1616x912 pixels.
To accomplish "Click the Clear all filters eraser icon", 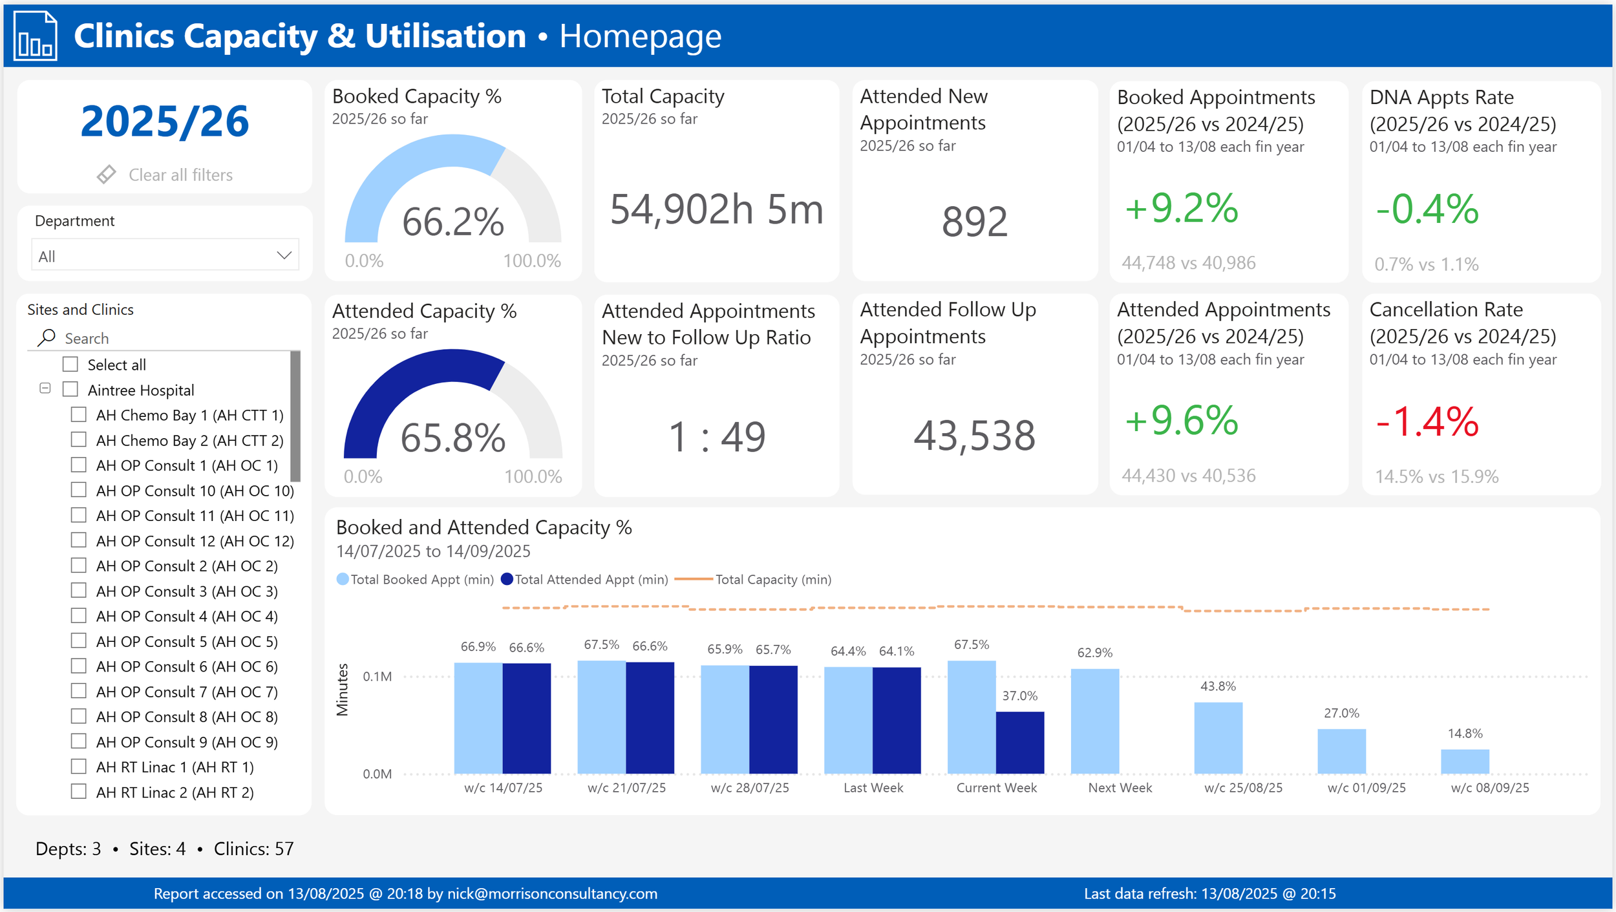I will [106, 175].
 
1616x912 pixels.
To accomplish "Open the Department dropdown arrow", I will [284, 255].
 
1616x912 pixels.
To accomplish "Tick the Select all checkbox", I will [70, 365].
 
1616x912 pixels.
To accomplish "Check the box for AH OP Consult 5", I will [79, 641].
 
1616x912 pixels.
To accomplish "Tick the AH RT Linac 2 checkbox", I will [79, 792].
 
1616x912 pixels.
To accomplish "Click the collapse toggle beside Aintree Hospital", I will [45, 388].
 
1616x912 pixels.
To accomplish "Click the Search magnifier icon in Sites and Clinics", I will [47, 337].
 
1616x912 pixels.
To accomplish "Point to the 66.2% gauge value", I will [452, 222].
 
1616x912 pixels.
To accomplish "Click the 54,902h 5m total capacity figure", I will [716, 209].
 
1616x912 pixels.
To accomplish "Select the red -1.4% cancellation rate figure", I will [1427, 421].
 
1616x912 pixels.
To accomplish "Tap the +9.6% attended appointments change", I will [1181, 421].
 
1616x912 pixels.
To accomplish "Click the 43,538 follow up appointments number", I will [974, 436].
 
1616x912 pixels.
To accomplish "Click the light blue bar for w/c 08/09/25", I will [1464, 761].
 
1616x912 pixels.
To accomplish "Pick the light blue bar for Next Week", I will [1094, 721].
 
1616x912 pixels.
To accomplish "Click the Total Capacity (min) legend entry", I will [772, 580].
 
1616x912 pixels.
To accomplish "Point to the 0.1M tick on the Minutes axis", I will [377, 677].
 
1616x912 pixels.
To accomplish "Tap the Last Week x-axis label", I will [873, 788].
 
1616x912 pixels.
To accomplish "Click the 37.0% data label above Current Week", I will [1019, 696].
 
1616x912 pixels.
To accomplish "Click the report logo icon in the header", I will [36, 37].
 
